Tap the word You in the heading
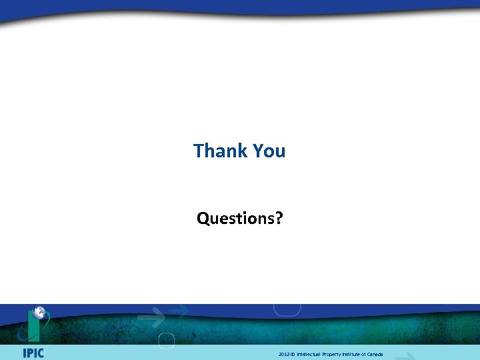click(x=269, y=151)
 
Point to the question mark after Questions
click(x=279, y=218)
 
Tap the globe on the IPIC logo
click(x=40, y=312)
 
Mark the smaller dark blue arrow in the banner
click(x=179, y=309)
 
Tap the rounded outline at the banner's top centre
click(x=287, y=309)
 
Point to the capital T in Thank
click(x=198, y=151)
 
